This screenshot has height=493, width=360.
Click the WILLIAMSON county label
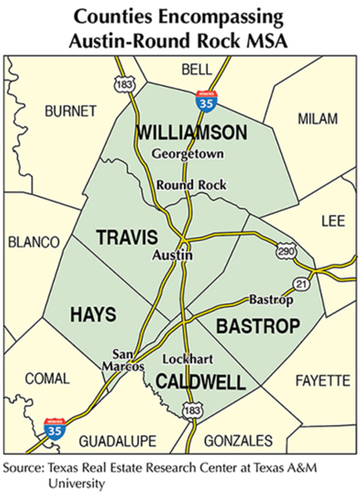192,133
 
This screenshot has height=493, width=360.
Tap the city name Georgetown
188,154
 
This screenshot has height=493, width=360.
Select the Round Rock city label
191,185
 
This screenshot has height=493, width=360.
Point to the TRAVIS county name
127,238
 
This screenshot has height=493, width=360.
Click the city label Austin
172,255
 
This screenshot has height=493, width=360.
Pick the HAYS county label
93,315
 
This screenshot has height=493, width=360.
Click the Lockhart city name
188,359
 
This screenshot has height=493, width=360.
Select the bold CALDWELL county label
201,382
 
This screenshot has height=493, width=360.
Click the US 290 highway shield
287,251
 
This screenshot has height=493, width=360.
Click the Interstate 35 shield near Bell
207,101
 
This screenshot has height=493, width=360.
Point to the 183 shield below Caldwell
191,411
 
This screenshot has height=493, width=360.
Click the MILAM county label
317,119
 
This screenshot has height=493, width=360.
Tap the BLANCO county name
34,242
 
